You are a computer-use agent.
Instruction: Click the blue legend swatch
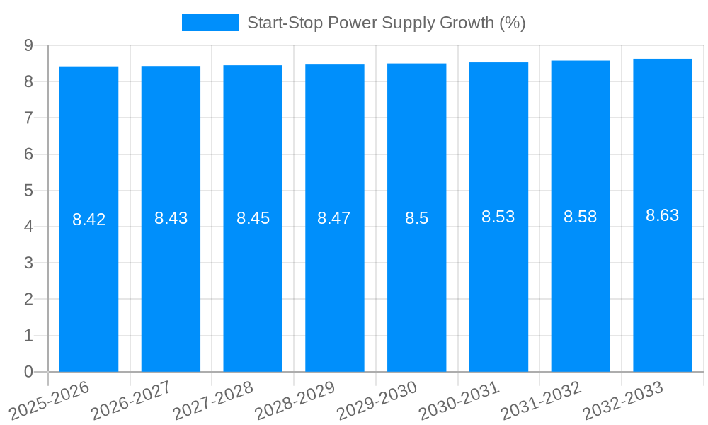tap(210, 23)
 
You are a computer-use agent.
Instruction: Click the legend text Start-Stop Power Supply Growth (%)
tap(386, 23)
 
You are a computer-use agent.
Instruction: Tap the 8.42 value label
tap(89, 220)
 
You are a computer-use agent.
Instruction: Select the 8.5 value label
tap(417, 218)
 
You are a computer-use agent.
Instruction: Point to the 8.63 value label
tap(663, 215)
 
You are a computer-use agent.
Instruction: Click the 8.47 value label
tap(334, 218)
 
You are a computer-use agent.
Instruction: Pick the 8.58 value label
tap(581, 217)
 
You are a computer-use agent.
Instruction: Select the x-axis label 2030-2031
tap(460, 399)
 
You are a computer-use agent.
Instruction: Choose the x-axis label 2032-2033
tap(624, 399)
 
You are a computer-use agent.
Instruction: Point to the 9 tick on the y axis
tap(29, 45)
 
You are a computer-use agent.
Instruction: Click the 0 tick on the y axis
tap(29, 372)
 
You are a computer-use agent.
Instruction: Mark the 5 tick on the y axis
tap(29, 191)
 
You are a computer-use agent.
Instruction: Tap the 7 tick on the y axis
tap(29, 118)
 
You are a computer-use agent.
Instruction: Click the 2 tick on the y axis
tap(29, 300)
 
